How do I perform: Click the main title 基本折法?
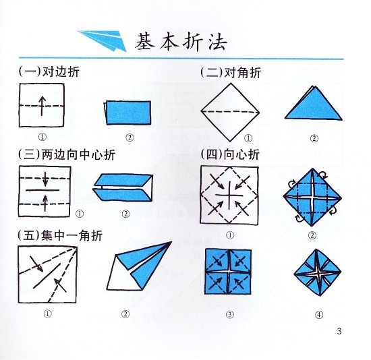click(181, 41)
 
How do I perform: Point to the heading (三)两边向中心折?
click(67, 154)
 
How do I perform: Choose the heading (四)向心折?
click(230, 154)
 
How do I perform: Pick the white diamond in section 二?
click(229, 109)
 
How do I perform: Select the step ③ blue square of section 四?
click(229, 271)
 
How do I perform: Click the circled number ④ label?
click(318, 314)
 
